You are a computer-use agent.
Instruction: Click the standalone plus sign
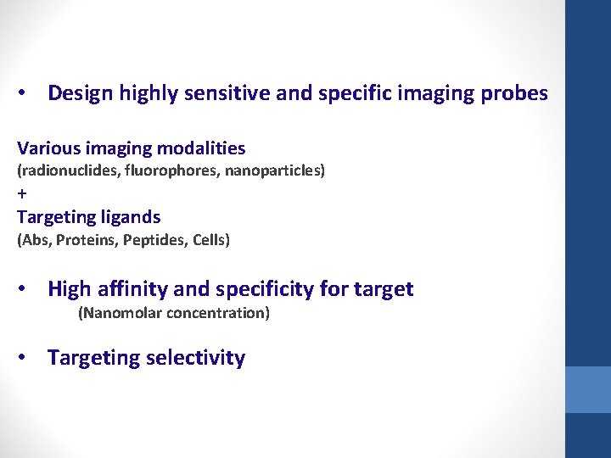22,193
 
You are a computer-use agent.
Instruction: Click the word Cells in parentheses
210,240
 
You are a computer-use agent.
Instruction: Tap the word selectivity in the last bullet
195,358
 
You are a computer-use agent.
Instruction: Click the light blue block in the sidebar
588,389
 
